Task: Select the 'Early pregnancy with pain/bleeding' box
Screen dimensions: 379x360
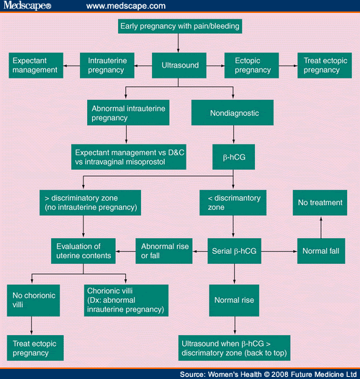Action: [x=179, y=27]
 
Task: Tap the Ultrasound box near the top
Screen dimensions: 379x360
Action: [x=179, y=66]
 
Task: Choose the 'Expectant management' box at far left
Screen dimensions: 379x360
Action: [x=34, y=66]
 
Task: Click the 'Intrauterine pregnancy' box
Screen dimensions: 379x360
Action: [x=105, y=66]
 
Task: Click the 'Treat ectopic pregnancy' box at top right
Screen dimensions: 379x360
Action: [x=323, y=66]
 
